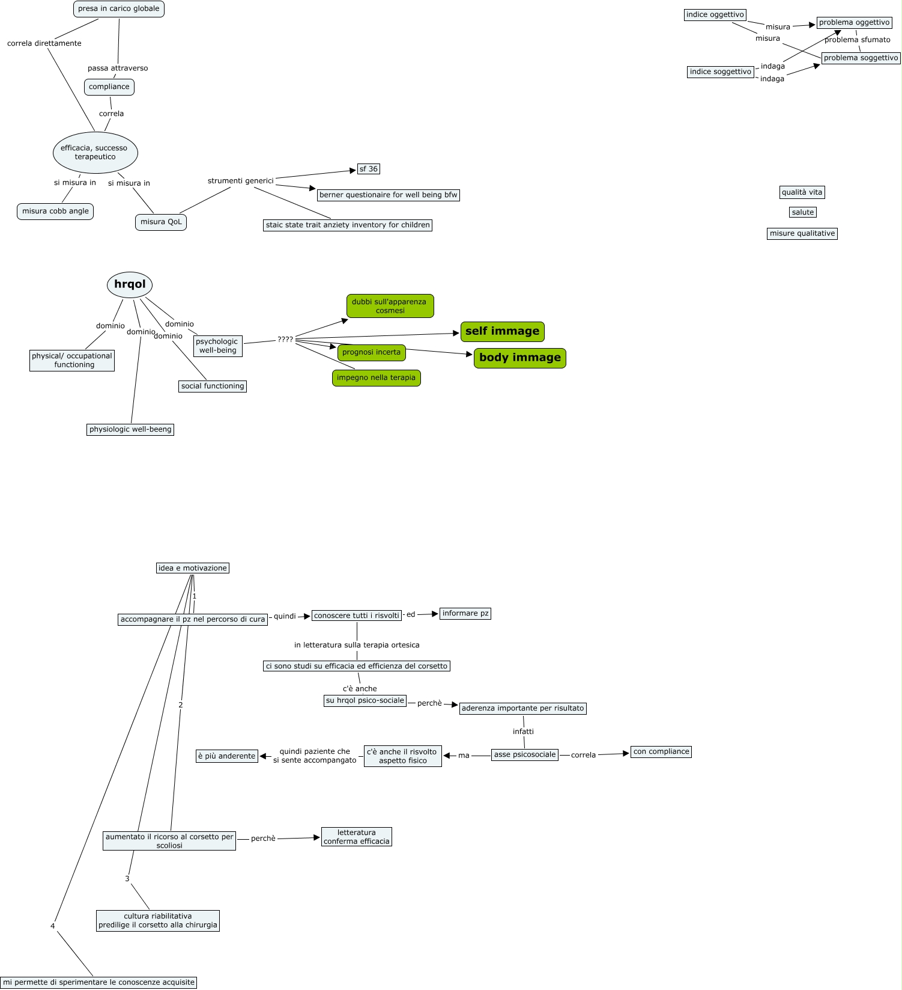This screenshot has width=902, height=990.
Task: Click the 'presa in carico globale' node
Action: point(118,9)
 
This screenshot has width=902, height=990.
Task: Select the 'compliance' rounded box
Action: point(109,87)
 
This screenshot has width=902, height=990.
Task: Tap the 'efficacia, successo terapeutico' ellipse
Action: point(95,152)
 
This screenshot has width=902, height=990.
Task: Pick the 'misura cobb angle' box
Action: point(55,211)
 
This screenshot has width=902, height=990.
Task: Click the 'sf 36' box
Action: point(368,169)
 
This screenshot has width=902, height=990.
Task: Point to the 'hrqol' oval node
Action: point(130,284)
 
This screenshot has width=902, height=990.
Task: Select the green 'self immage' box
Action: point(502,331)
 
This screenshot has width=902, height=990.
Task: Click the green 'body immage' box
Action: point(519,358)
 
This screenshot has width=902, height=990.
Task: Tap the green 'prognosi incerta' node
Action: point(371,352)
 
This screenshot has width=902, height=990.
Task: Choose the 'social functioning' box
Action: point(213,386)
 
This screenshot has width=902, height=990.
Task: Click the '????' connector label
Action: point(285,340)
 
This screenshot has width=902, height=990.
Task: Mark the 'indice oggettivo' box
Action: point(715,14)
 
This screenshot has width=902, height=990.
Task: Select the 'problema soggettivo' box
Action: point(861,58)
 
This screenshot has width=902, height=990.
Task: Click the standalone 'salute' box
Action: point(802,212)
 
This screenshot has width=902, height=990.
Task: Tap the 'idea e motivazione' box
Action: point(192,568)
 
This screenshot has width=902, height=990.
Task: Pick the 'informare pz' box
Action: point(465,613)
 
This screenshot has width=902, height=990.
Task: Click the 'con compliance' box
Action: point(661,751)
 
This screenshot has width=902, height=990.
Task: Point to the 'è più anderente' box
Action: point(226,756)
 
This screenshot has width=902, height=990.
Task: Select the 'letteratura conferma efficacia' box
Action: point(356,837)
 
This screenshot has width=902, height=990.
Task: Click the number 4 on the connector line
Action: point(53,926)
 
